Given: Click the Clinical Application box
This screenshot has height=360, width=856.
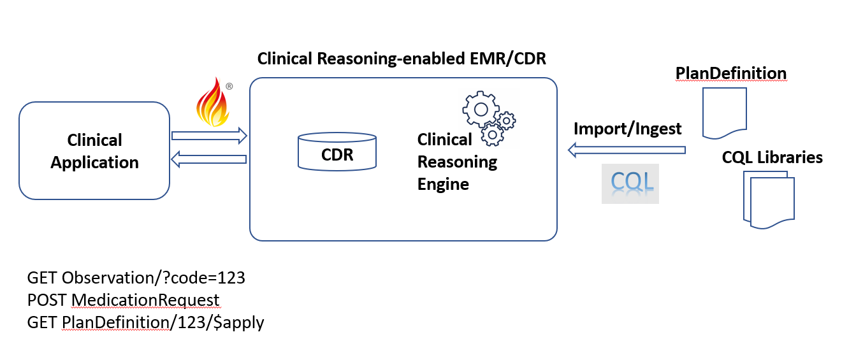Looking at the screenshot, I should click(x=94, y=151).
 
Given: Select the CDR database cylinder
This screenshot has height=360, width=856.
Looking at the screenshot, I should click(x=337, y=151).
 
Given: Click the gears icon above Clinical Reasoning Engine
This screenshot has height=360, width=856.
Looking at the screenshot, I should click(x=488, y=118).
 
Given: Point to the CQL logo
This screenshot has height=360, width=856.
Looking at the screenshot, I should click(x=630, y=184).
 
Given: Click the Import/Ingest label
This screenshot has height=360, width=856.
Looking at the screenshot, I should click(x=627, y=129).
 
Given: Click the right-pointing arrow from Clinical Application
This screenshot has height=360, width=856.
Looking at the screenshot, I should click(x=209, y=135).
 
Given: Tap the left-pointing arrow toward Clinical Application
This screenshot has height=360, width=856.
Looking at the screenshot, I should click(x=209, y=159).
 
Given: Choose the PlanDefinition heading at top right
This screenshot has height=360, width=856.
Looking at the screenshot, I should click(x=731, y=73).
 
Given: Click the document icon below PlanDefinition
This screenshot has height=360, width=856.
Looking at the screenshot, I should click(x=724, y=113).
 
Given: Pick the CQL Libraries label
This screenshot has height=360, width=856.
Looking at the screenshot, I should click(x=772, y=157).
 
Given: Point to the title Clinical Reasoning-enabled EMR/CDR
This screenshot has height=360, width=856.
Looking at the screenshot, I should click(x=402, y=59).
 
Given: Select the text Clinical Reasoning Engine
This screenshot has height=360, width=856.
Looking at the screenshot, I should click(x=456, y=162).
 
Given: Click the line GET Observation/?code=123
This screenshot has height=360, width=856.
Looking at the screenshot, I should click(x=136, y=278).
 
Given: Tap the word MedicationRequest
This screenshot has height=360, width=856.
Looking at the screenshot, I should click(x=145, y=300).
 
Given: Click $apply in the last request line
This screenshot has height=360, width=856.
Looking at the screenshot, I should click(x=240, y=322).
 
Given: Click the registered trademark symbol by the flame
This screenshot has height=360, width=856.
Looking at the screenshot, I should click(x=228, y=86).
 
